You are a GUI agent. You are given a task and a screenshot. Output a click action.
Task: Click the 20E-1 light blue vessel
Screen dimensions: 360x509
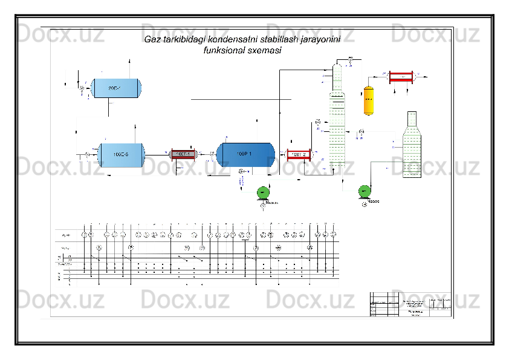coord(117,88)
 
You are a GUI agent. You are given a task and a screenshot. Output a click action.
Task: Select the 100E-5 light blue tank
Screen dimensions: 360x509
coord(121,154)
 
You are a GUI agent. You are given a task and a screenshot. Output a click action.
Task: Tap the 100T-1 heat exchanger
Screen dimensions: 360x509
coord(183,154)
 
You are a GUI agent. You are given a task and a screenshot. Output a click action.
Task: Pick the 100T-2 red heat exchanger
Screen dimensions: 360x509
coord(299,155)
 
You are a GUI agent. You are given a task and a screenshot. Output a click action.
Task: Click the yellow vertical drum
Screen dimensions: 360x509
coord(368,100)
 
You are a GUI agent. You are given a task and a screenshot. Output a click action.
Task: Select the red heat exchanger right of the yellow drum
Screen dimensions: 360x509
coord(401,76)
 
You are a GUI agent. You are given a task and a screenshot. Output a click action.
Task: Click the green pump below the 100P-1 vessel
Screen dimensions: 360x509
coord(263,192)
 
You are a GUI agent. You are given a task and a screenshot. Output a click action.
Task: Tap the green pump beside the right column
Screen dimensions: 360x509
coord(365,192)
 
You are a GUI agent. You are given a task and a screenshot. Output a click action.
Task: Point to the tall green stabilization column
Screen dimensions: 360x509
coord(337,121)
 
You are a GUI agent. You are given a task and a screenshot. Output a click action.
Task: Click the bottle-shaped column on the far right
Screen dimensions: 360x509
coord(412,145)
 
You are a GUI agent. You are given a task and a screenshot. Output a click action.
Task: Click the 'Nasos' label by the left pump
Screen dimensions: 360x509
coord(272,203)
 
